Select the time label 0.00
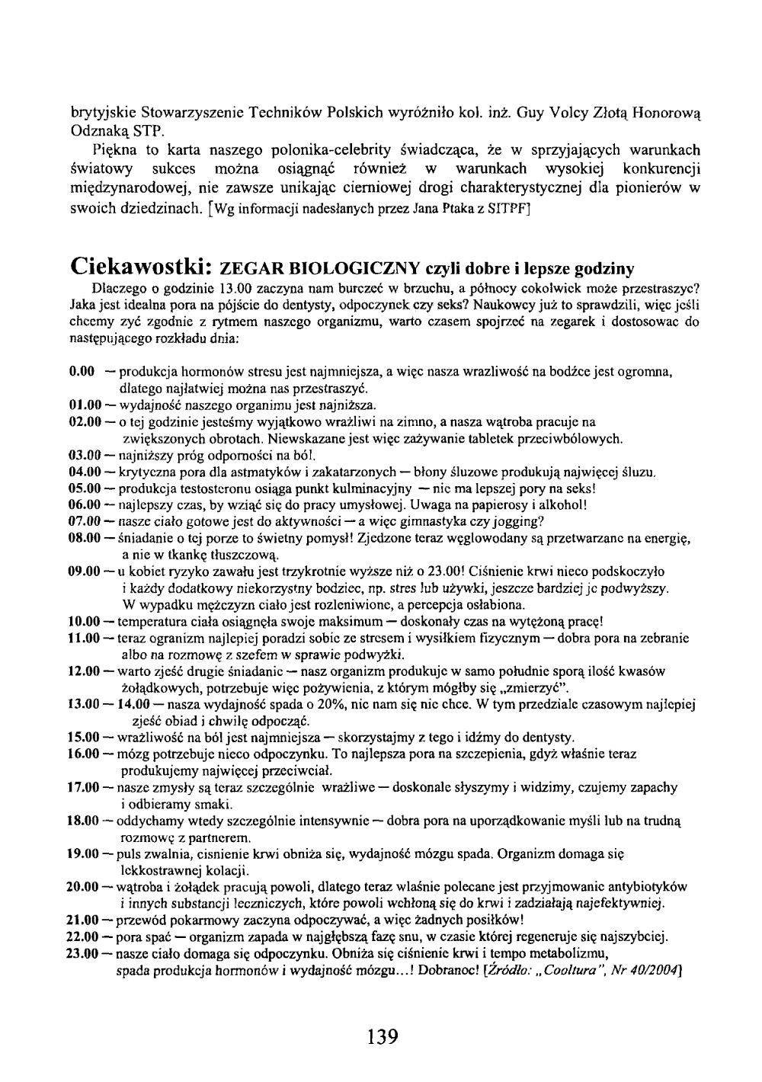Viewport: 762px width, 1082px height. tap(82, 372)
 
